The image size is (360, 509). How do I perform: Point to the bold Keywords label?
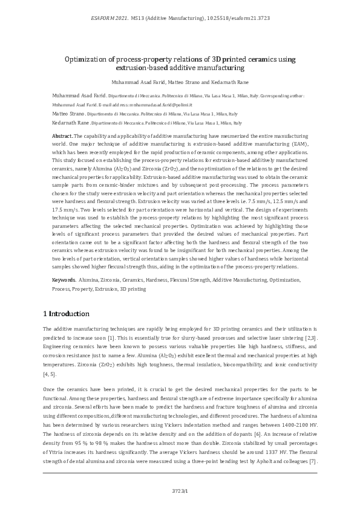pyautogui.click(x=64, y=280)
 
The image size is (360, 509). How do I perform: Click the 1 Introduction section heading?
pyautogui.click(x=67, y=314)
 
